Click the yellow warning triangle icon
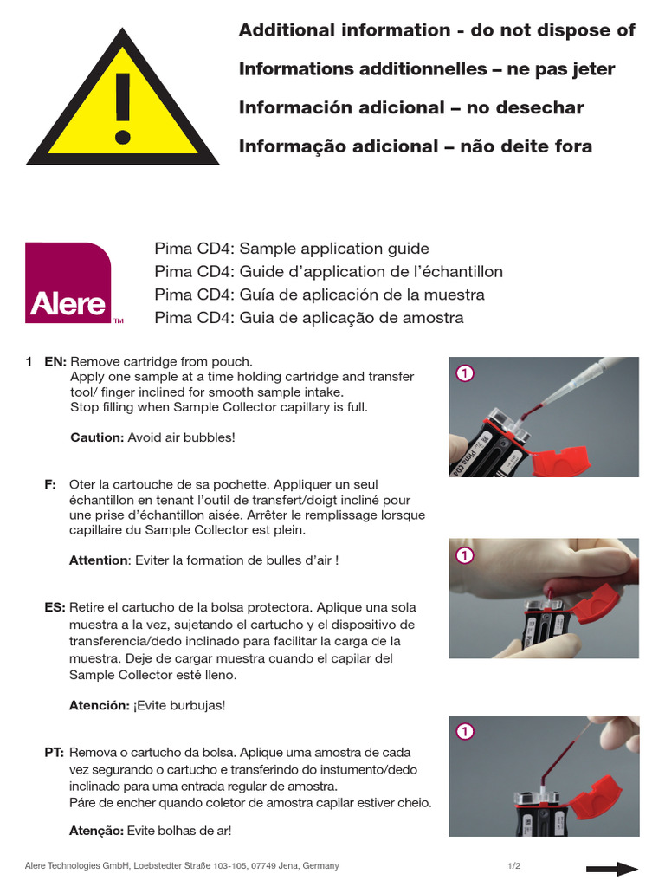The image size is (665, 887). pyautogui.click(x=121, y=104)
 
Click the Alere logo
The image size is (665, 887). pyautogui.click(x=68, y=283)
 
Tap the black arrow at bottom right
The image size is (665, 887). pyautogui.click(x=611, y=869)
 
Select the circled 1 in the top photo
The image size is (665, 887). pyautogui.click(x=464, y=374)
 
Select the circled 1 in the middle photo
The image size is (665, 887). pyautogui.click(x=464, y=555)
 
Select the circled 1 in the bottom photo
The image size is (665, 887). pyautogui.click(x=464, y=733)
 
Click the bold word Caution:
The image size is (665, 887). pyautogui.click(x=97, y=437)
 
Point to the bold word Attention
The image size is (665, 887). pyautogui.click(x=98, y=560)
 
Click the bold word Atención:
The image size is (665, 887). pyautogui.click(x=99, y=705)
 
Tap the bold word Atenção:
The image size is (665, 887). pyautogui.click(x=96, y=831)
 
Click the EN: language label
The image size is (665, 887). pyautogui.click(x=55, y=361)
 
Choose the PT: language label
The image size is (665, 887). pyautogui.click(x=55, y=753)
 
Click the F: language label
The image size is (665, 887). pyautogui.click(x=50, y=484)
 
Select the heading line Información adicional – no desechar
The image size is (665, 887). pyautogui.click(x=411, y=108)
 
